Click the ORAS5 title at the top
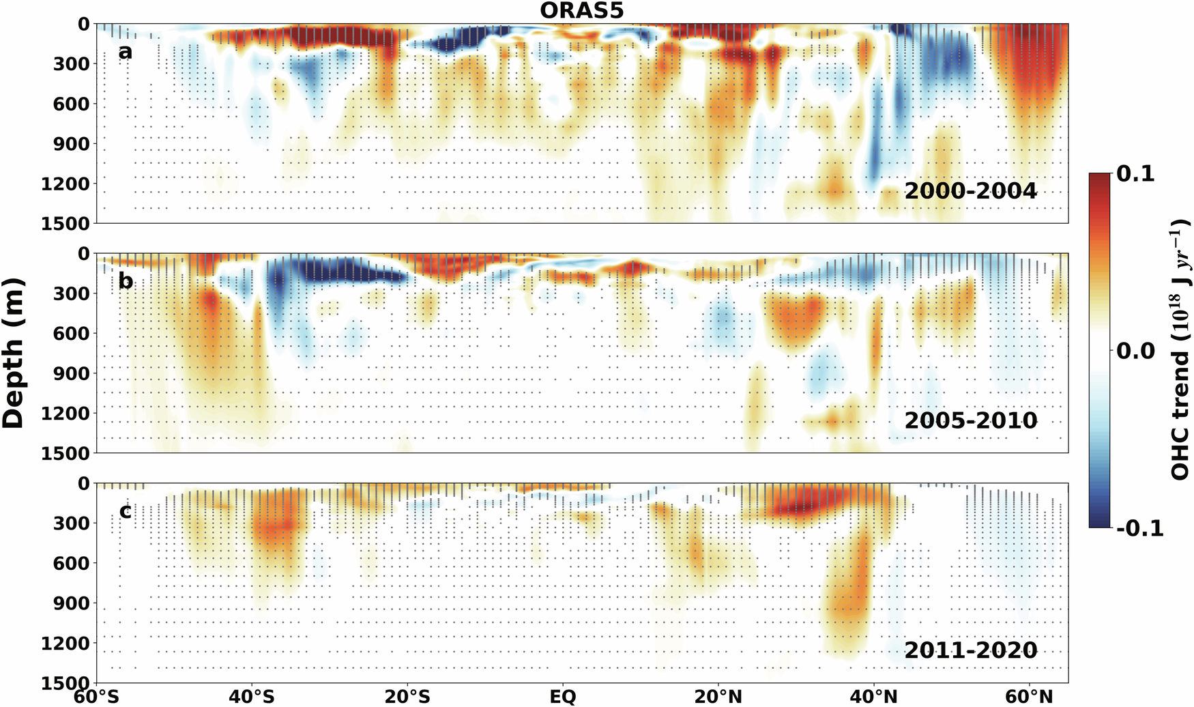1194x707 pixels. pyautogui.click(x=581, y=11)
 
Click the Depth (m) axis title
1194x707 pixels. pyautogui.click(x=14, y=353)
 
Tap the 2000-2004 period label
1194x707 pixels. pyautogui.click(x=970, y=190)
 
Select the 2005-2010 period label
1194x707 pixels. pyautogui.click(x=970, y=420)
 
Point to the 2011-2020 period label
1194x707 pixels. pyautogui.click(x=970, y=650)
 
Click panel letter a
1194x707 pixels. pyautogui.click(x=125, y=51)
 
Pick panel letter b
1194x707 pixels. pyautogui.click(x=126, y=280)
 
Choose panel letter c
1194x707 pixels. pyautogui.click(x=125, y=510)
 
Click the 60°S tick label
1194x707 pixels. pyautogui.click(x=96, y=697)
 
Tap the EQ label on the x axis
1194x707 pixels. pyautogui.click(x=563, y=697)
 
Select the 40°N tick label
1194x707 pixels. pyautogui.click(x=873, y=697)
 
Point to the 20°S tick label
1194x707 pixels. pyautogui.click(x=407, y=697)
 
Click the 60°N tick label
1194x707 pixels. pyautogui.click(x=1029, y=697)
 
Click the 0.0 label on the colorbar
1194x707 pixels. pyautogui.click(x=1135, y=351)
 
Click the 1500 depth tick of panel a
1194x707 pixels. pyautogui.click(x=65, y=224)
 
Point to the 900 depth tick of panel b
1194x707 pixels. pyautogui.click(x=70, y=374)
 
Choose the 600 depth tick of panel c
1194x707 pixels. pyautogui.click(x=70, y=564)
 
